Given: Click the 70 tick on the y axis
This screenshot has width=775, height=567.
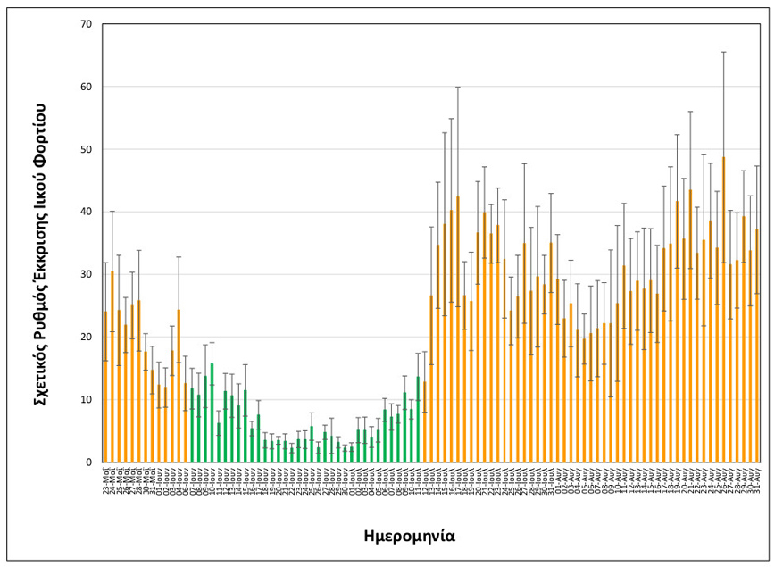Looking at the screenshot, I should click(86, 24).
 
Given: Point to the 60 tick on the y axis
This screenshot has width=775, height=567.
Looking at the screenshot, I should click(86, 87).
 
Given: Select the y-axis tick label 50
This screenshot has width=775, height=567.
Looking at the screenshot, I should click(86, 149).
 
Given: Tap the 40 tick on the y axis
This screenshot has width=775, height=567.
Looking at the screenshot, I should click(86, 212).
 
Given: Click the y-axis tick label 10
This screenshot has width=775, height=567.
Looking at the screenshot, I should click(86, 399).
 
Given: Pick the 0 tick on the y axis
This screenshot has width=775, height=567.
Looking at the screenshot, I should click(88, 462).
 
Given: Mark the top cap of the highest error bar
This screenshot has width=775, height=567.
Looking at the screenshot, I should click(723, 52).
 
